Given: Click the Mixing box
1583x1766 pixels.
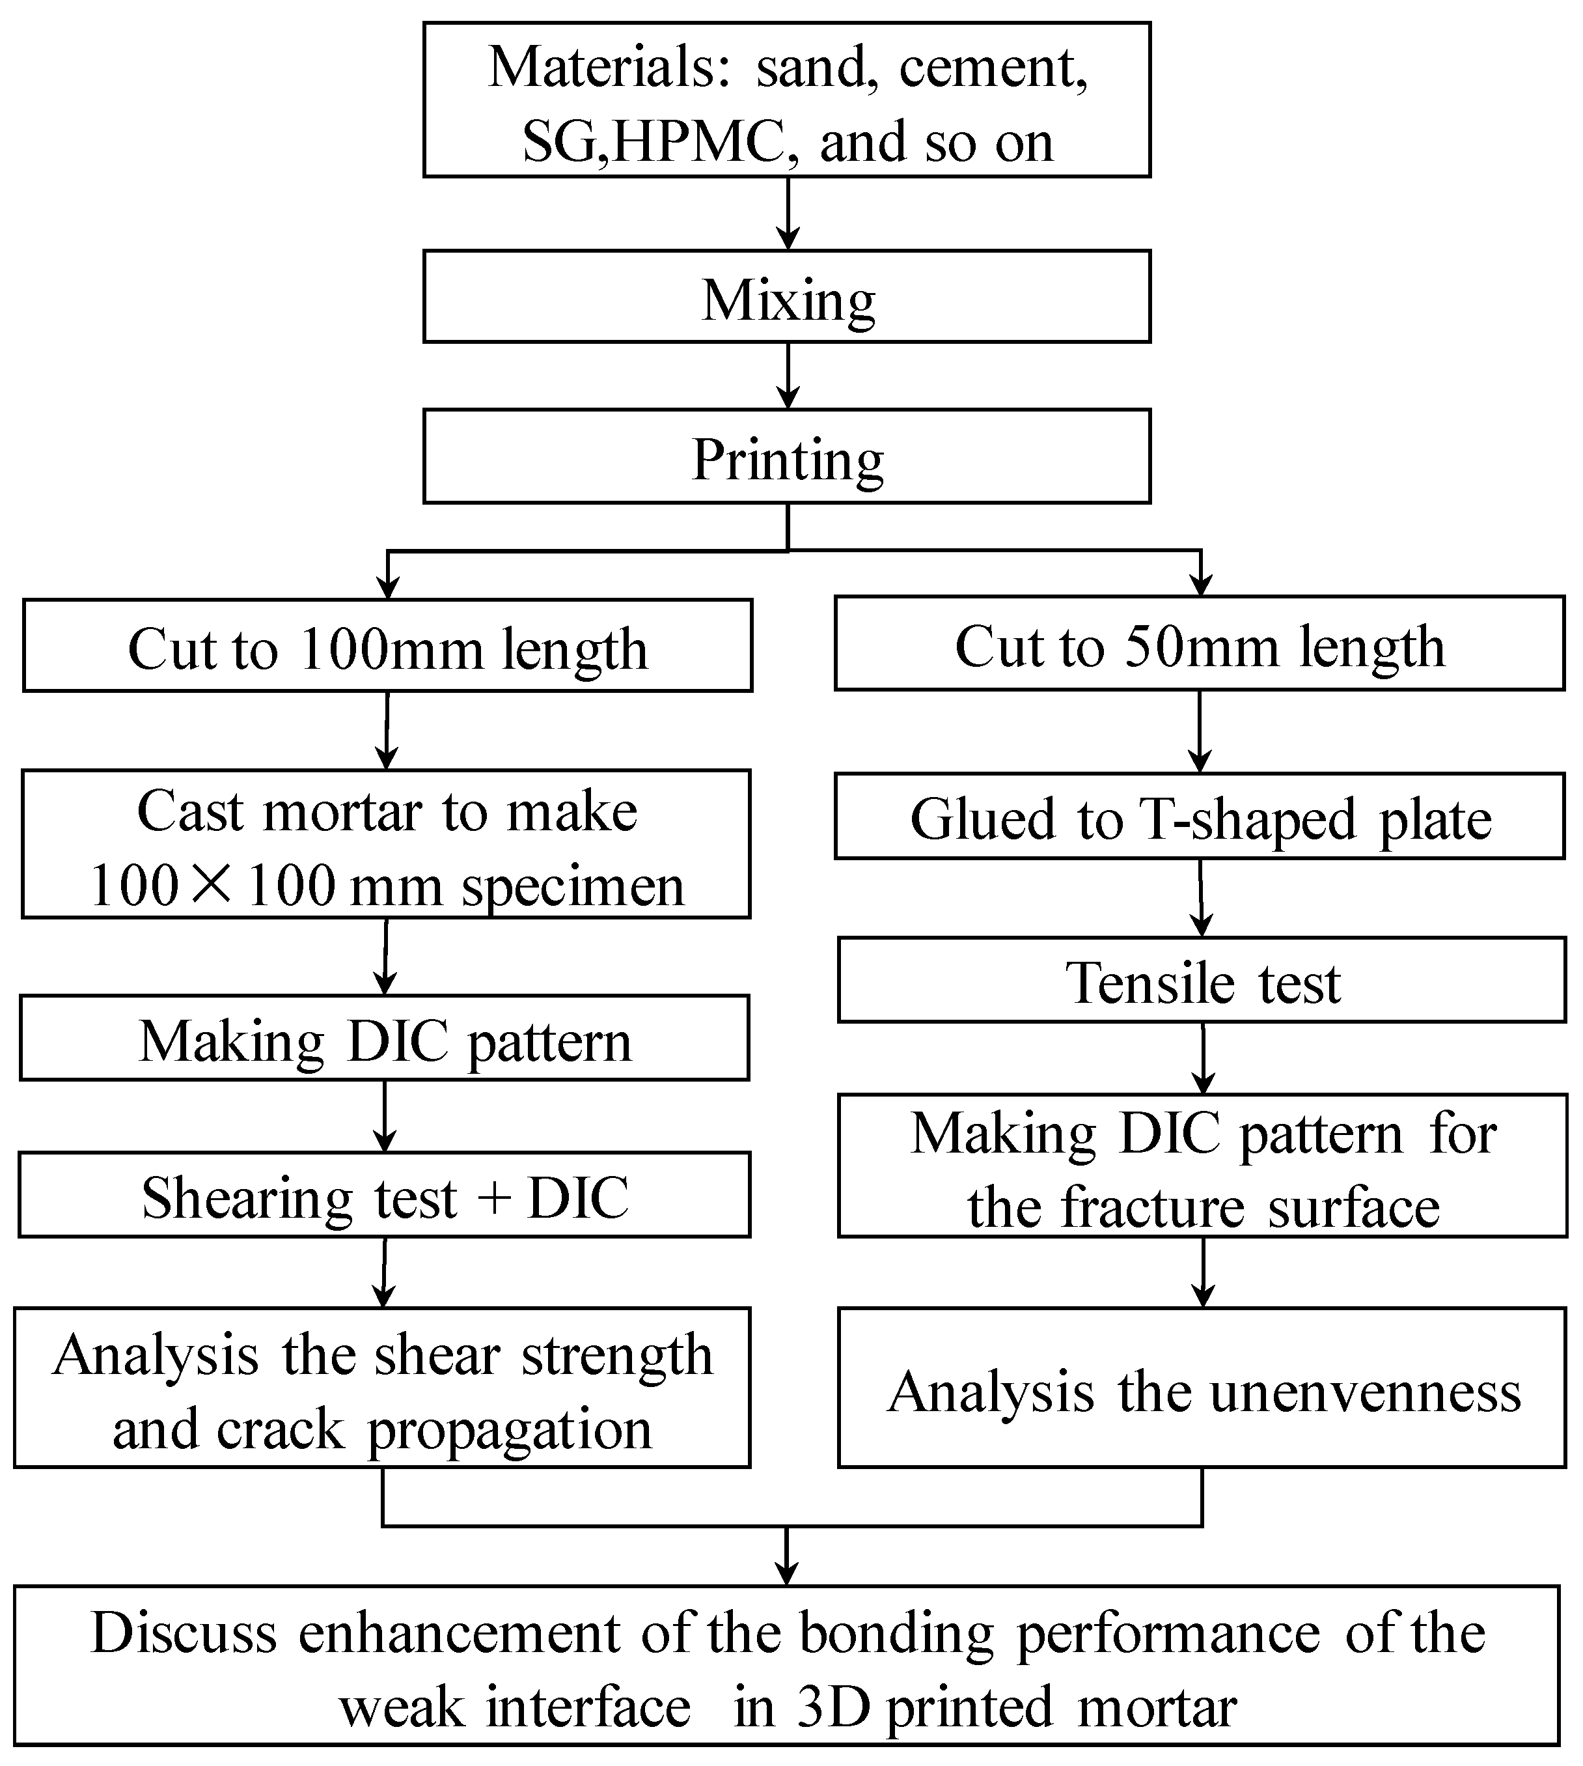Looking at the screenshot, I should point(787,297).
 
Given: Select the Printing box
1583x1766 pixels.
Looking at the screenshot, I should point(787,456).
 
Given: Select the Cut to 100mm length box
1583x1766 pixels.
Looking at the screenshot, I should point(387,645).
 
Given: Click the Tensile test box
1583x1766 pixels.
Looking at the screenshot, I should point(1202,979).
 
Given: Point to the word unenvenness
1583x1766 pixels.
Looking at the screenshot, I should point(1366,1392).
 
